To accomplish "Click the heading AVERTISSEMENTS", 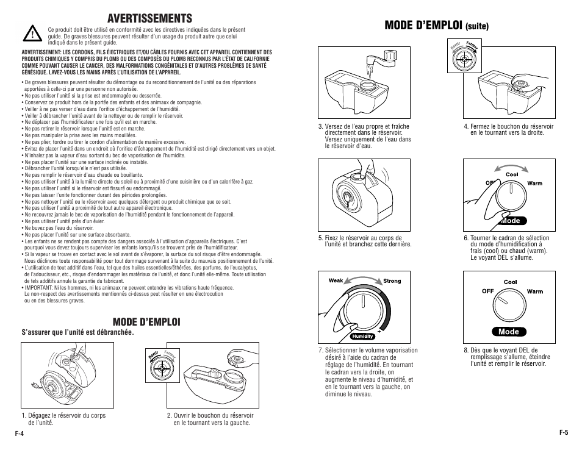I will click(x=149, y=18).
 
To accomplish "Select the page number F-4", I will click(x=19, y=434).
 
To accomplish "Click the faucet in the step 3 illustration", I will click(x=383, y=59).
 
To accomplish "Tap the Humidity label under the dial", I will click(x=362, y=336).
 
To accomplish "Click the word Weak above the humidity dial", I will click(x=336, y=280).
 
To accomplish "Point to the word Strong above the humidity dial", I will click(x=392, y=281).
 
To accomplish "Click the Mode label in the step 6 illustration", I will click(x=509, y=221).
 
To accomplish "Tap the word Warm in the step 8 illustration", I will click(x=535, y=291).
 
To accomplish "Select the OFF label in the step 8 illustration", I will click(x=487, y=291).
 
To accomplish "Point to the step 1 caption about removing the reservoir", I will click(x=63, y=419).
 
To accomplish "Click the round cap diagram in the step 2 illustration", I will click(x=160, y=368).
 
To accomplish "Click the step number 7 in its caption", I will click(x=320, y=351).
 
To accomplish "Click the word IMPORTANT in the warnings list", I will click(x=38, y=288).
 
